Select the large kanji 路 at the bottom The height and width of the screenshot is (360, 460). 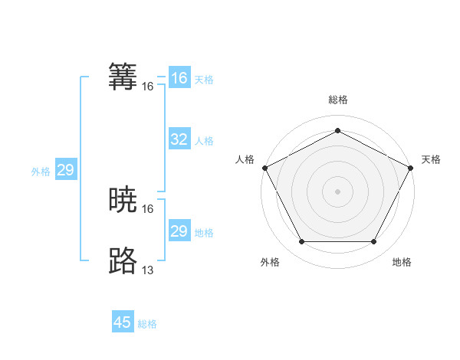[x=123, y=260]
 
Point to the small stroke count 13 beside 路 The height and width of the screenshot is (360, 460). [x=148, y=270]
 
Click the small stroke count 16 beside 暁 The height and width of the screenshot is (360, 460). [x=148, y=208]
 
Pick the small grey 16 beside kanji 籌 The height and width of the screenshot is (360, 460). [x=148, y=87]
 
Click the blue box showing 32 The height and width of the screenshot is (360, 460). [x=179, y=139]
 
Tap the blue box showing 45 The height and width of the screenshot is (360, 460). [x=123, y=322]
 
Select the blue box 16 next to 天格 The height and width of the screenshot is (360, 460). [x=179, y=78]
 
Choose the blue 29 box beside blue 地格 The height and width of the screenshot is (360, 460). [x=179, y=231]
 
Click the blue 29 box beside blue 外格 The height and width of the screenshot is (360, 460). [x=65, y=170]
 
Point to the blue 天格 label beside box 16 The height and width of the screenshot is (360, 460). [x=204, y=80]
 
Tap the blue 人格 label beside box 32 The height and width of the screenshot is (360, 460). [x=204, y=141]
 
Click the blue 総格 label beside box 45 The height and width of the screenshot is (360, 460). [x=147, y=324]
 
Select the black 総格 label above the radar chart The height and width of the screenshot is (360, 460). [x=338, y=100]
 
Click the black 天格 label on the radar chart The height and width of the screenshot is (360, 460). [x=431, y=159]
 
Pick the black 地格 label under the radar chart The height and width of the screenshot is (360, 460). [x=402, y=262]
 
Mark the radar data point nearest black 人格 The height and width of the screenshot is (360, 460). [x=265, y=168]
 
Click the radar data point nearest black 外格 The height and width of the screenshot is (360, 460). [x=301, y=242]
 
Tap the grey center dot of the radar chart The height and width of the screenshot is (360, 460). [x=338, y=191]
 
